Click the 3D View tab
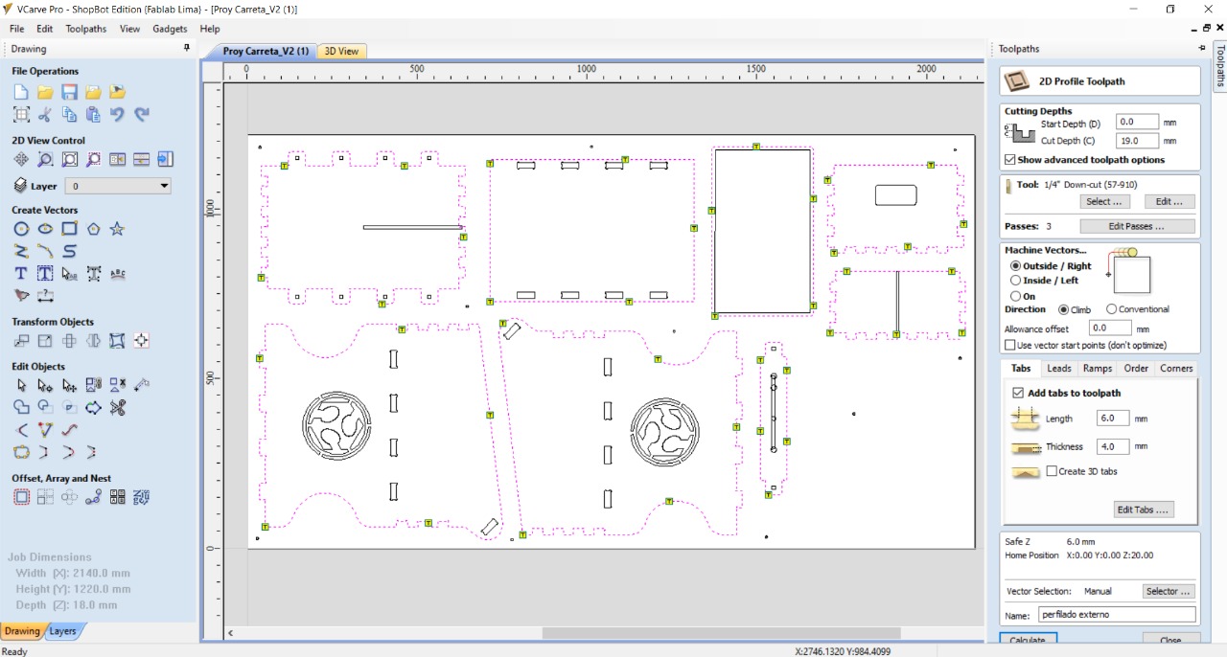341,51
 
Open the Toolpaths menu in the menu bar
85,29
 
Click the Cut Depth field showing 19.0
1137,141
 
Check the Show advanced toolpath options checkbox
1010,159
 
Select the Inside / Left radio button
1015,281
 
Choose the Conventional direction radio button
1111,309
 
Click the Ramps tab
1098,369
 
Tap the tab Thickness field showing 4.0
1112,446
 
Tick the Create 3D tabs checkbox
1052,471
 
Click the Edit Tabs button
1143,510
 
